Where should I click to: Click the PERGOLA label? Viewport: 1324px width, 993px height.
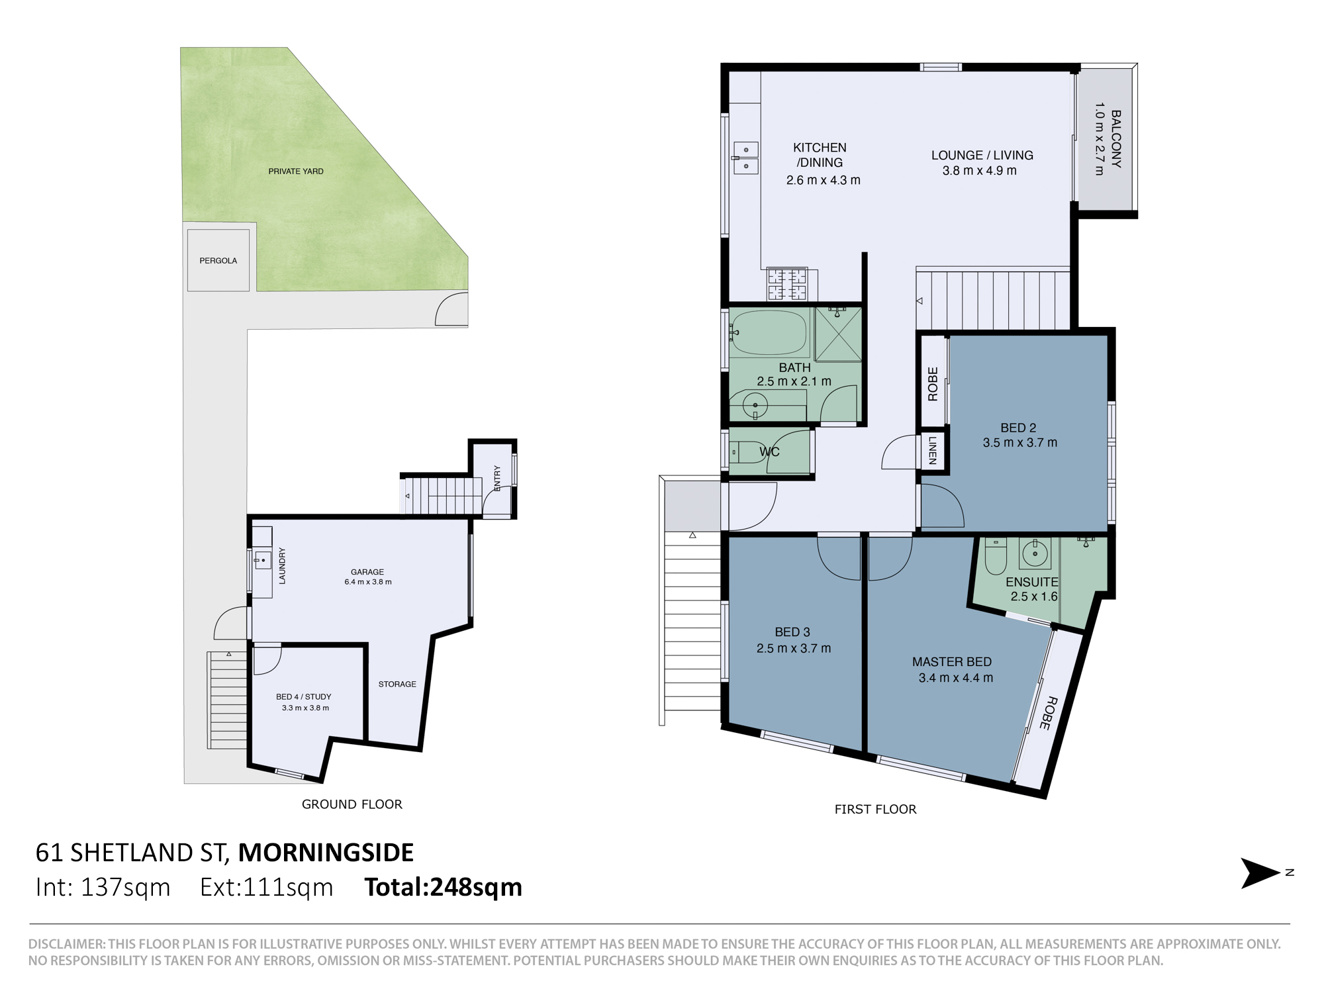point(218,261)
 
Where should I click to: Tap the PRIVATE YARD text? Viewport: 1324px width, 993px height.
point(296,171)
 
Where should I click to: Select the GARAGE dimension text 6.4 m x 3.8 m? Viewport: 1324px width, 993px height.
point(368,583)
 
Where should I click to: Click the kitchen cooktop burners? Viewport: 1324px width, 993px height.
point(787,284)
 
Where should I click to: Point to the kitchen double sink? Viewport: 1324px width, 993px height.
point(745,158)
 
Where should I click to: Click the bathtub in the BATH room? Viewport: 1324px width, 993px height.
point(769,333)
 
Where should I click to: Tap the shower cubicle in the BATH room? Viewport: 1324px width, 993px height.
point(838,334)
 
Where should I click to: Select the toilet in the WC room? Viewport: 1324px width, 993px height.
point(747,453)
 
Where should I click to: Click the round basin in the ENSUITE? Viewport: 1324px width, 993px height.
point(1035,553)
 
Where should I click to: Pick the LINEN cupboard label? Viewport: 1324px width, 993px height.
point(932,450)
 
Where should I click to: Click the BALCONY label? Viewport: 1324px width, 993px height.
point(1116,138)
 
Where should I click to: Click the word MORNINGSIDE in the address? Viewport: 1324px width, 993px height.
point(326,853)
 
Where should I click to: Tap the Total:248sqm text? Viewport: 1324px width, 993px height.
point(444,887)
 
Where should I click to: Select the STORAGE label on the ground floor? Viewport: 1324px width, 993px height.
point(397,685)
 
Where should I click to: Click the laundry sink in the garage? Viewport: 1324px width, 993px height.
point(262,561)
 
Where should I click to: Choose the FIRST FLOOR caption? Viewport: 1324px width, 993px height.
point(875,810)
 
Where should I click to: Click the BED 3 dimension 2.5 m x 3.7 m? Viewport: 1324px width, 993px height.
point(794,649)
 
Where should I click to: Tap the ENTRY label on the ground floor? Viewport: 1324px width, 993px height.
point(497,478)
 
